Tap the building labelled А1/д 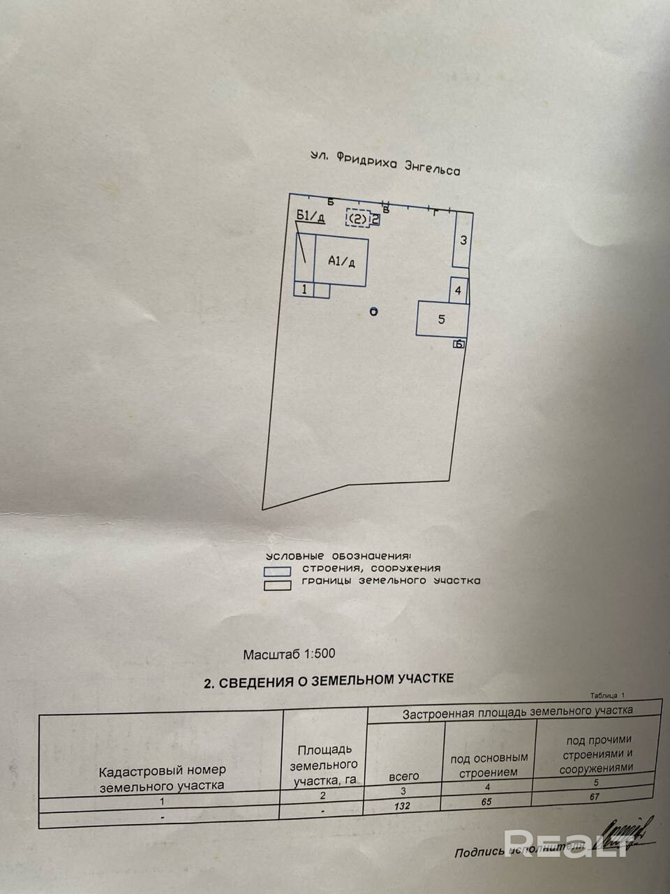coord(341,261)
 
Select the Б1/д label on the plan coord(311,216)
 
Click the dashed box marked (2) coord(358,219)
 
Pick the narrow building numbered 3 coord(461,240)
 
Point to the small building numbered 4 coord(458,290)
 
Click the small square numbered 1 coord(304,289)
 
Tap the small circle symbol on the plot coord(373,312)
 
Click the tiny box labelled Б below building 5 coord(459,344)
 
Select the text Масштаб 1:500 coord(289,654)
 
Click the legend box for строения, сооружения coord(277,571)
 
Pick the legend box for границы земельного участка coord(277,585)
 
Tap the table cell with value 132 coord(402,805)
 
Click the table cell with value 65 coord(486,802)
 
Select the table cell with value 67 coord(595,797)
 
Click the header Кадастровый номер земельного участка coord(163,777)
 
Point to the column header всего coord(404,776)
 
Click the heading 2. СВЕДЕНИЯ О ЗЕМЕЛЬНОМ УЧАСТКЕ coord(328,680)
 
